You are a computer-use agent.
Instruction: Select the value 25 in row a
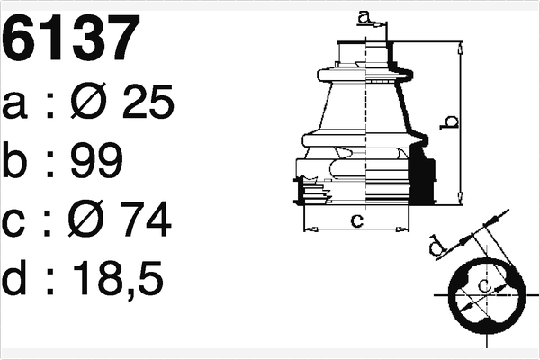pos(144,105)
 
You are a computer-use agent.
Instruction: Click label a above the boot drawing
pos(364,15)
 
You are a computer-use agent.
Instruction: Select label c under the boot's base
pos(356,220)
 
